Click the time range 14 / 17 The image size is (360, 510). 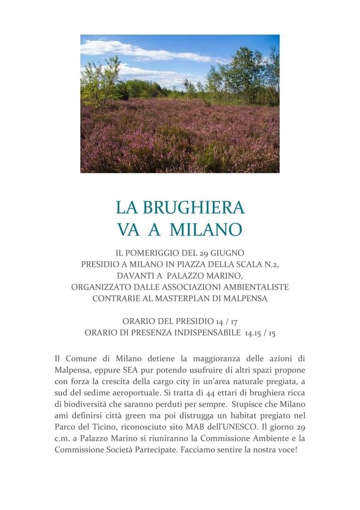(x=233, y=322)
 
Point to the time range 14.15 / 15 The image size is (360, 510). (x=260, y=333)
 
